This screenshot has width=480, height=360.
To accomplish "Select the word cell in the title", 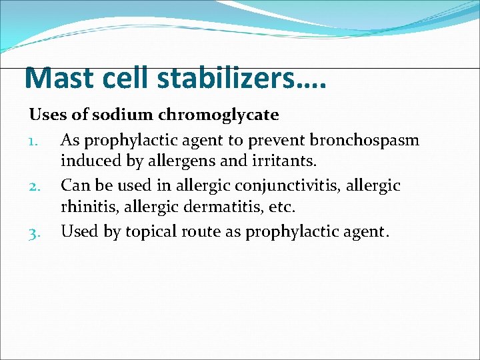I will click(127, 79).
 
